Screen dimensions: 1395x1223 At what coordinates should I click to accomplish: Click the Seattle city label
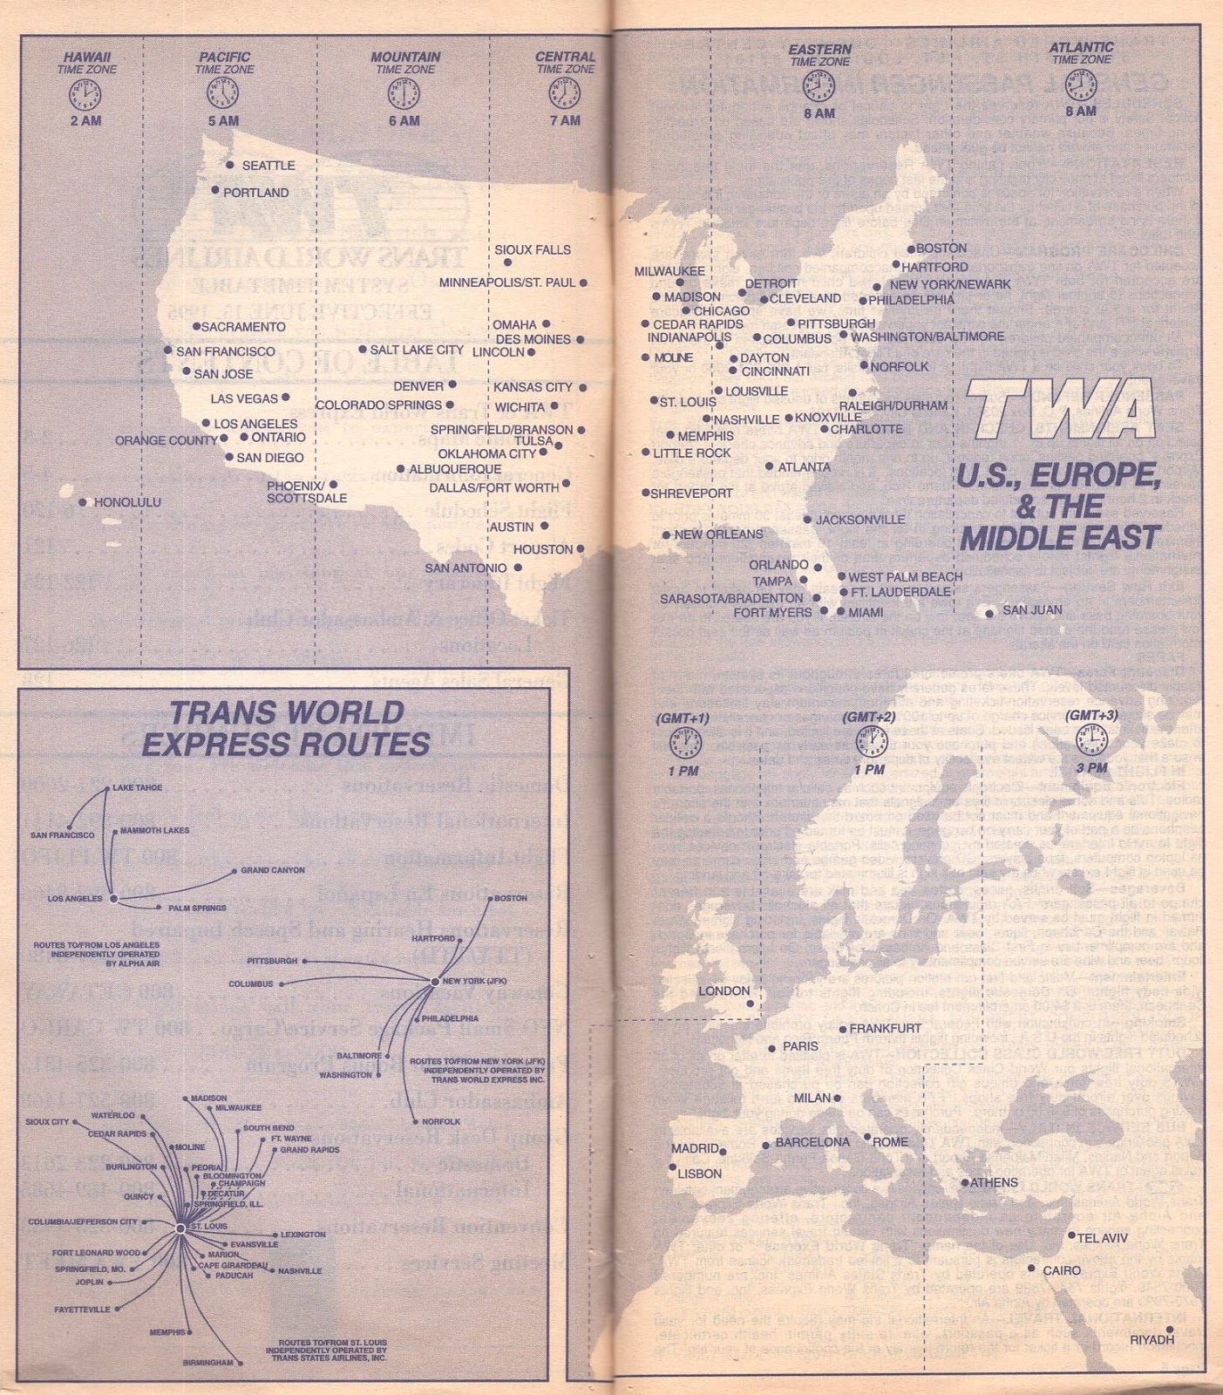[268, 166]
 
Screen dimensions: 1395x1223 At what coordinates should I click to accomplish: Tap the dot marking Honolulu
[83, 502]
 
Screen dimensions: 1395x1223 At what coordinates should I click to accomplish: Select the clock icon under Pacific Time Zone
[222, 92]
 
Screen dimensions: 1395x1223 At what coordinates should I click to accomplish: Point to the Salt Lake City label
[417, 350]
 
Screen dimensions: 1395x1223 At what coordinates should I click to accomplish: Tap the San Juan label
[1032, 610]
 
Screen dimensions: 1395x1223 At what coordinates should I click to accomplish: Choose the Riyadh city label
[1152, 1339]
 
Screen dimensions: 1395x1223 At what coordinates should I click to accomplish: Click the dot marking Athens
[965, 1183]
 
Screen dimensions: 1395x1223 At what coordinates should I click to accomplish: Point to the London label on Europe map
[724, 991]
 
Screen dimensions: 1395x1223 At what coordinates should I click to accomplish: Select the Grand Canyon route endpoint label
[273, 870]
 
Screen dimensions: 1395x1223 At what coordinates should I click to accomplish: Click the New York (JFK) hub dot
[434, 982]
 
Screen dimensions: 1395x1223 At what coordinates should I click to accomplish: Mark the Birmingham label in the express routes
[207, 1362]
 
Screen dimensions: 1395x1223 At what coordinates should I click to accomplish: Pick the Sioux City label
[47, 1122]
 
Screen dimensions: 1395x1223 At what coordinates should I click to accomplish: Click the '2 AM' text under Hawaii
[85, 120]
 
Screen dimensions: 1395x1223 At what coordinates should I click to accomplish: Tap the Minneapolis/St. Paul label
[507, 282]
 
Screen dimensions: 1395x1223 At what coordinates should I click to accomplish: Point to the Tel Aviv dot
[1072, 1235]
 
